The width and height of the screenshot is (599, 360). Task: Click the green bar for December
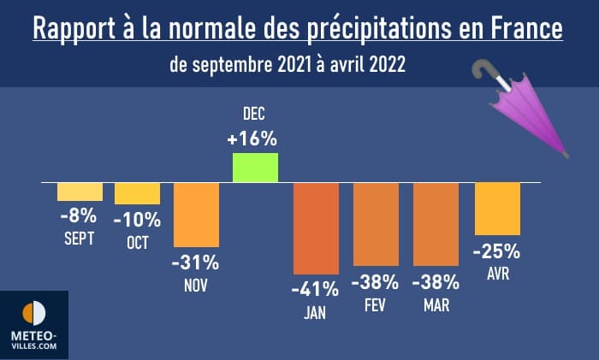(x=256, y=168)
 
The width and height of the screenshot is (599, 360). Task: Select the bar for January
(x=316, y=228)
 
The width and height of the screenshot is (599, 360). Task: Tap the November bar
(x=197, y=215)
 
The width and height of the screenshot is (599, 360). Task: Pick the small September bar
(x=80, y=192)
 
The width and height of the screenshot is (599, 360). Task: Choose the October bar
(x=137, y=194)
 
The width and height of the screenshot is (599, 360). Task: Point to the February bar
(x=376, y=224)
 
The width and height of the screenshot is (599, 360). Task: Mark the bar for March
(x=436, y=224)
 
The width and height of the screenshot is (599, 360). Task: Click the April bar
(x=497, y=209)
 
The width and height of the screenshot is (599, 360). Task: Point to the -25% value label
(x=496, y=251)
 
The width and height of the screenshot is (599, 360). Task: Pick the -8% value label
(x=78, y=215)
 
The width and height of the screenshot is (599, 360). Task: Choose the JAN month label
(x=315, y=312)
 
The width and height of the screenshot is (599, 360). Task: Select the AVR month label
(x=497, y=274)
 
